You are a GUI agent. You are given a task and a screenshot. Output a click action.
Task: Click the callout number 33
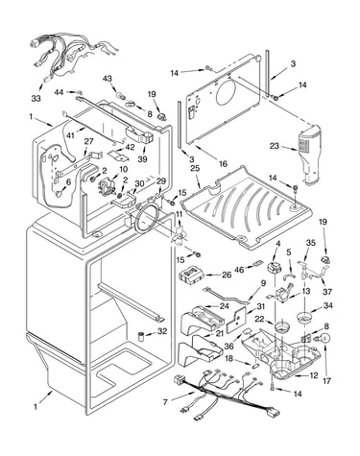tap(36, 98)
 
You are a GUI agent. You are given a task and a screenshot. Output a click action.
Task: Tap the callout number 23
tap(275, 146)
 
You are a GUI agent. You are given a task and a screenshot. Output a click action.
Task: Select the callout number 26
tap(227, 275)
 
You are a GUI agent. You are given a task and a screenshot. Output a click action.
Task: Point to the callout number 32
tap(162, 331)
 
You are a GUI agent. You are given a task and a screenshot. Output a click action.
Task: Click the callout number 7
tap(165, 402)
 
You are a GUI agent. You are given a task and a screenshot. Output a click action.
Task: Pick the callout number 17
tap(326, 381)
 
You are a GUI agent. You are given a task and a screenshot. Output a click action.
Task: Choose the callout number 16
tap(223, 164)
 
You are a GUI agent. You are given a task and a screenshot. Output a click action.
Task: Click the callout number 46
tap(239, 270)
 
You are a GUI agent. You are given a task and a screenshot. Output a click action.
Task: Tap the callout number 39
tap(142, 159)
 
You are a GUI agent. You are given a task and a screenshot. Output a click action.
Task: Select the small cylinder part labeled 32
tap(140, 337)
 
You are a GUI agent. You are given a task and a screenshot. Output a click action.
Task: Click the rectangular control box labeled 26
tap(191, 276)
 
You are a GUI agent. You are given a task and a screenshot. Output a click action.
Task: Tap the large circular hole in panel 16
tap(228, 93)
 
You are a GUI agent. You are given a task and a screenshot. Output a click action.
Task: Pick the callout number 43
tap(108, 79)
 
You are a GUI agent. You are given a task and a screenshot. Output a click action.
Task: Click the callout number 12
tap(314, 375)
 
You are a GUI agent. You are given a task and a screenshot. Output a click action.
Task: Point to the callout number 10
tap(123, 169)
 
